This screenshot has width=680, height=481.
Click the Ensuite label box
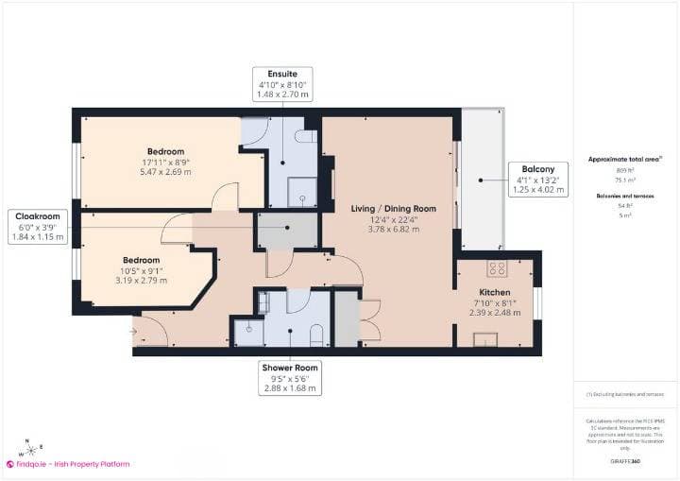pos(281,84)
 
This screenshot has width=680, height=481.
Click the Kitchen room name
pos(494,292)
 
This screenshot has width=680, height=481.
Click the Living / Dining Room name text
pos(394,208)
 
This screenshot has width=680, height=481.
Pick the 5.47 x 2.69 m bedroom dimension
pos(165,172)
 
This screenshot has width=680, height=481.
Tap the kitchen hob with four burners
pos(497,266)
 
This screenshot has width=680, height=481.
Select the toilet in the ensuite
pos(304,136)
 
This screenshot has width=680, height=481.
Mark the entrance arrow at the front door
pos(135,331)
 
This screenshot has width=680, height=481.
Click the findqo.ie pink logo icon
pos(10,464)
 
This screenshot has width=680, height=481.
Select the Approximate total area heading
pos(622,160)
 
